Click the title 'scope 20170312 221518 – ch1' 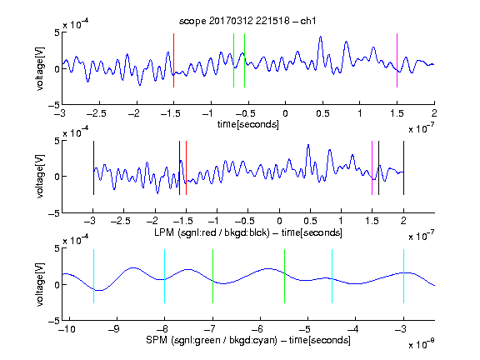point(247,21)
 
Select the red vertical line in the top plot point(173,60)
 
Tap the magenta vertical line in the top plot point(397,60)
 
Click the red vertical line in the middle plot point(186,167)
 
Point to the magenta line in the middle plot point(372,167)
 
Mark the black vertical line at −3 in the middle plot point(93,167)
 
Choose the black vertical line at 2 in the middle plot point(403,167)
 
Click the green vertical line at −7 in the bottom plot point(212,276)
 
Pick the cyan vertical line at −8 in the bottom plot point(165,276)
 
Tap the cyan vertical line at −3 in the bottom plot point(403,276)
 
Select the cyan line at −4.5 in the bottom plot point(332,276)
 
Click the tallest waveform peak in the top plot point(320,37)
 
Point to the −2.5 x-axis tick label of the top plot point(96,113)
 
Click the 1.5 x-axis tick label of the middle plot point(372,221)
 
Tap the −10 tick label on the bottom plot point(67,329)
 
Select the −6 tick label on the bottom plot point(260,329)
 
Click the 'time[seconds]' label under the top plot point(248,124)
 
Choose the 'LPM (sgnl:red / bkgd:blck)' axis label point(212,232)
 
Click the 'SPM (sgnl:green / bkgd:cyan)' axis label point(212,340)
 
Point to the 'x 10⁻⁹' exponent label point(421,344)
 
